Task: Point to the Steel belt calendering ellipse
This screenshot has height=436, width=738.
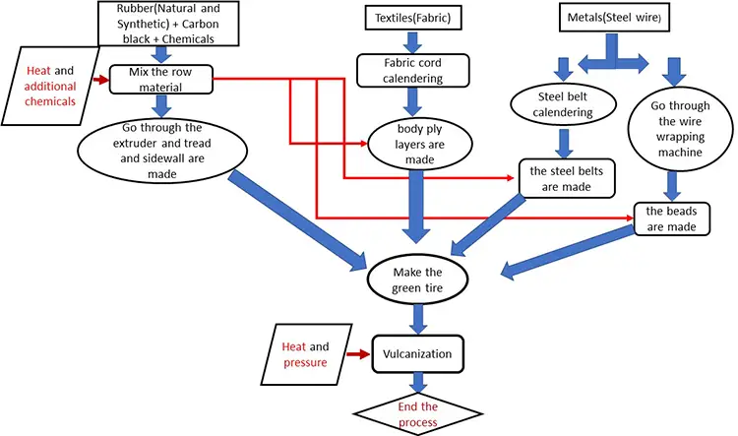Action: click(x=565, y=104)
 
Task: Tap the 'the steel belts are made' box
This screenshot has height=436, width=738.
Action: click(x=567, y=177)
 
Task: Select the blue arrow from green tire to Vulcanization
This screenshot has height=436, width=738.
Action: click(x=420, y=317)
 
